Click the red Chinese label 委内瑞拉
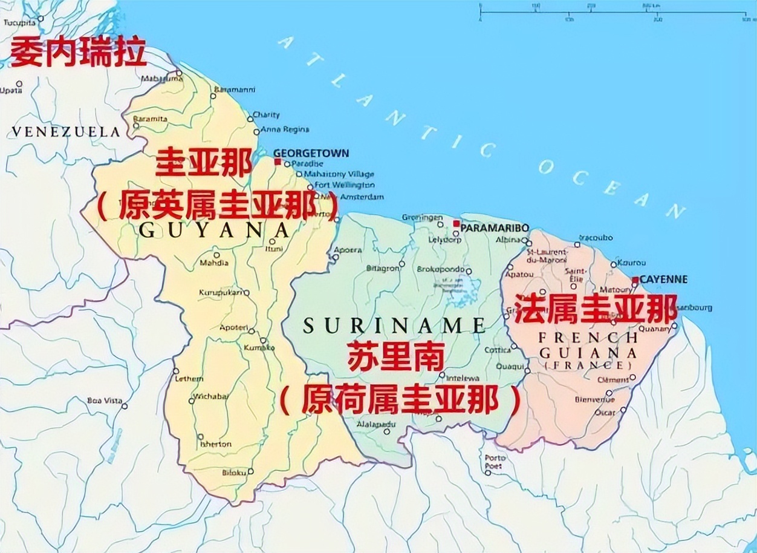point(79,52)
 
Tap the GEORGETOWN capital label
point(311,153)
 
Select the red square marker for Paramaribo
point(456,224)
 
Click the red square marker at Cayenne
point(635,280)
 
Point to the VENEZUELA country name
point(66,131)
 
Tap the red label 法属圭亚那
point(595,309)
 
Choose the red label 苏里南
point(396,357)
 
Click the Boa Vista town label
point(105,401)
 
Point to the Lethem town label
point(189,379)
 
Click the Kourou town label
point(631,263)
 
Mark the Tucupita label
point(20,22)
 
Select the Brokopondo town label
point(444,270)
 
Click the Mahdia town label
point(214,263)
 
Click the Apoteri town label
point(234,327)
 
